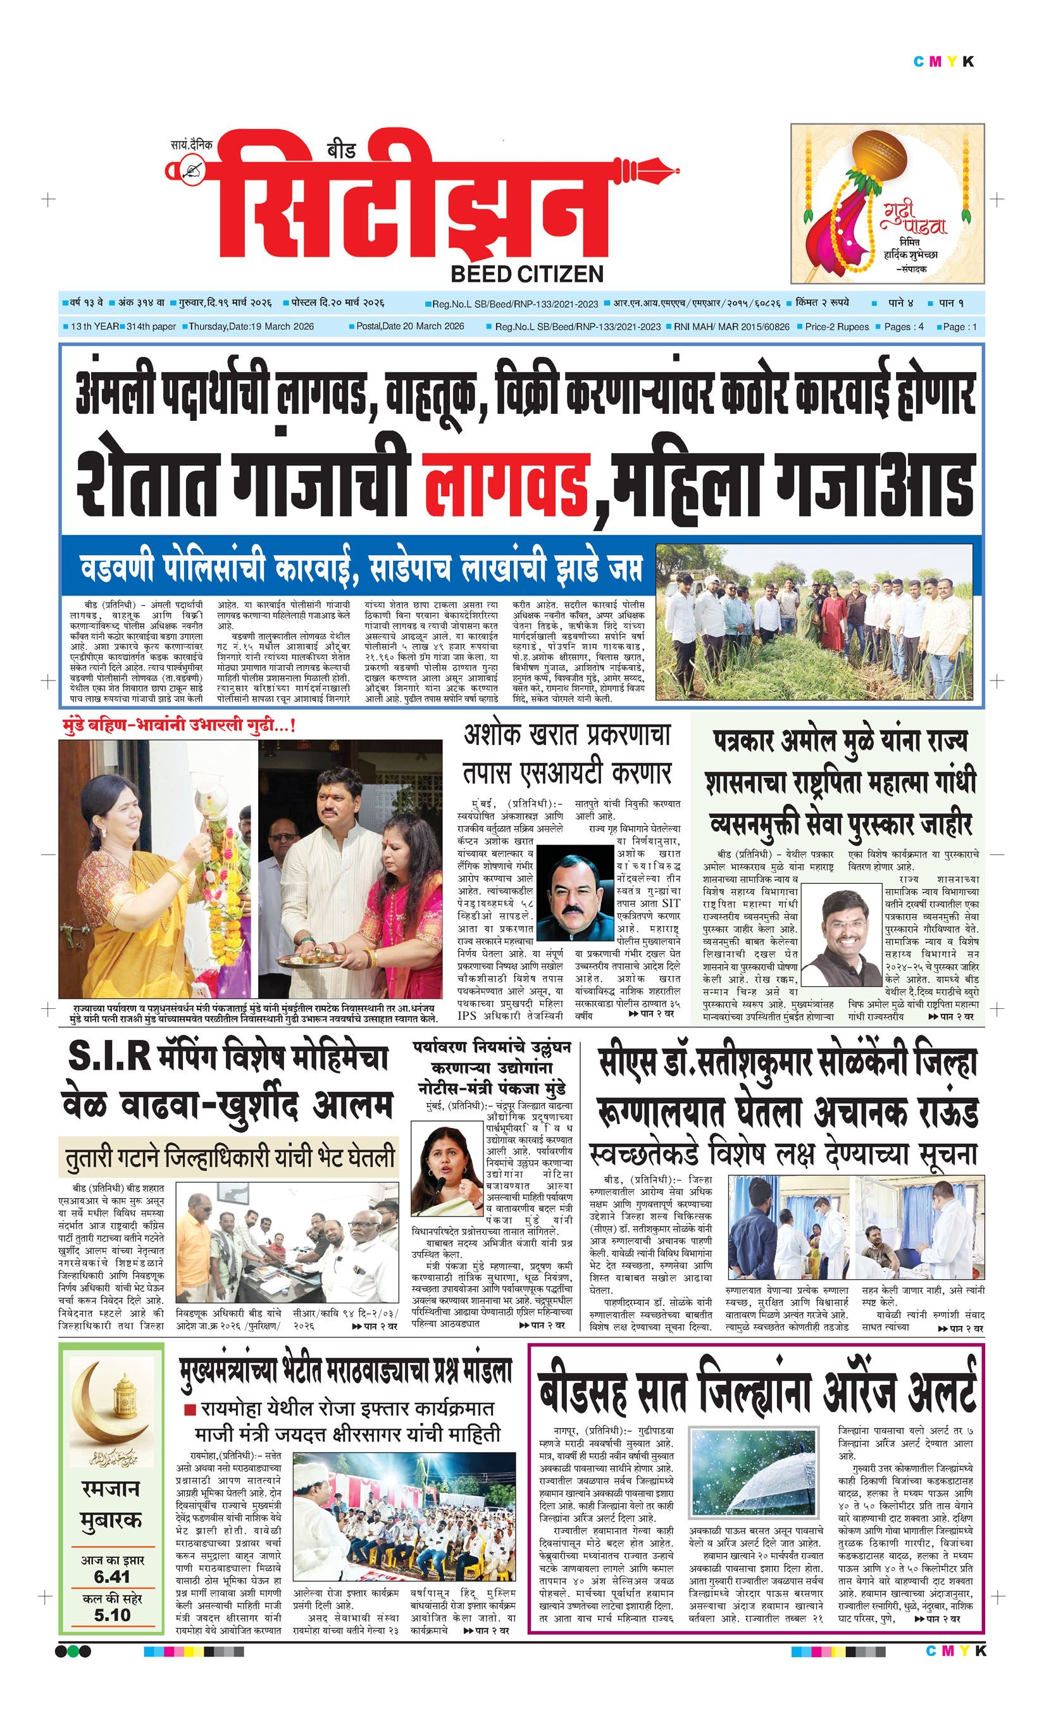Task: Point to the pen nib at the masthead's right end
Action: [x=648, y=169]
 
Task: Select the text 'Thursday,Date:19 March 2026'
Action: [x=251, y=327]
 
